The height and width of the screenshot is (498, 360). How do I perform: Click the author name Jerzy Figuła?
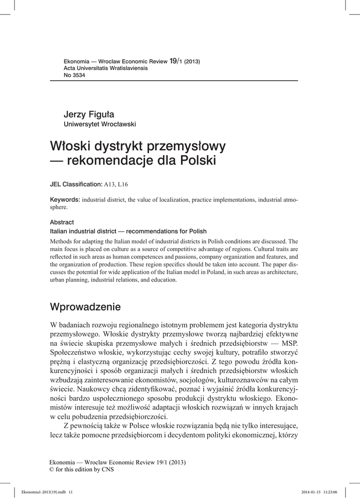89,114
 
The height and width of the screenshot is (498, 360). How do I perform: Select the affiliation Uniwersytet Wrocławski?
100,124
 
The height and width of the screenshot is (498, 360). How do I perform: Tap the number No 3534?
75,75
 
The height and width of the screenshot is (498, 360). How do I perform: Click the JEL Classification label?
76,184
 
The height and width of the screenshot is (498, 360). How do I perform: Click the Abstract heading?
62,222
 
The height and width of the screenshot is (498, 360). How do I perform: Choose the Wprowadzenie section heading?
85,307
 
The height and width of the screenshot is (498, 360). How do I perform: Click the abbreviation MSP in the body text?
288,342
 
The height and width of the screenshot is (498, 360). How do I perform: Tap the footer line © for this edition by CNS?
82,469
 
